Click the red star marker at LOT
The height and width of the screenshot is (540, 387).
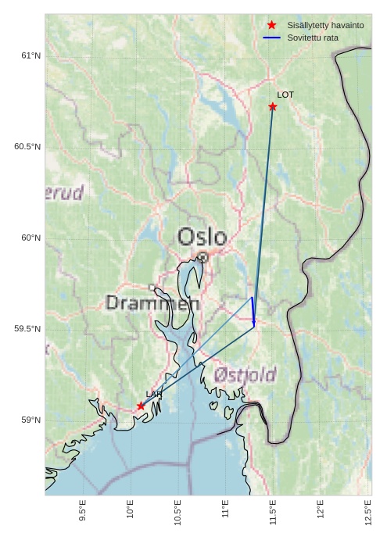coord(273,106)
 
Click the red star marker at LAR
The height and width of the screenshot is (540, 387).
coord(141,406)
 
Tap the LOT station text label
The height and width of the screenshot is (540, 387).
coord(285,95)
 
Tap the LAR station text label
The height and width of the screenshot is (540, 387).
coord(153,394)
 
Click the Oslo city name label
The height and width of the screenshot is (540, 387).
coord(202,237)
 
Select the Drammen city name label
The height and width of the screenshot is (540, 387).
coord(152,303)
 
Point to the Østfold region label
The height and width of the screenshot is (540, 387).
coord(245,375)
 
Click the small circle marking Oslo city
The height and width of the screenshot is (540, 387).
coord(202,256)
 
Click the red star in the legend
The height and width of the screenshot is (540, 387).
coord(272,26)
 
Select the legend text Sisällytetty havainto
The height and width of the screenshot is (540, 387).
coord(325,26)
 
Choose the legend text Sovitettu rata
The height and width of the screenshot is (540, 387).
coord(313,38)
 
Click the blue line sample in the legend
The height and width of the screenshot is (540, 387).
coord(272,38)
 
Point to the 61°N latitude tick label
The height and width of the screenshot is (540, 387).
coord(30,55)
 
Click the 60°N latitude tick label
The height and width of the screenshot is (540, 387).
coord(30,238)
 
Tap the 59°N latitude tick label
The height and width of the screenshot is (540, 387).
coord(30,420)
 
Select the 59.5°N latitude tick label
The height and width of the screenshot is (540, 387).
coord(27,329)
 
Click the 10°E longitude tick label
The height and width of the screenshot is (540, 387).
coord(131,511)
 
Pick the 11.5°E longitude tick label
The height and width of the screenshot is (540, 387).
coord(273,511)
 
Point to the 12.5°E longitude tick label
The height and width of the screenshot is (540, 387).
coord(367,511)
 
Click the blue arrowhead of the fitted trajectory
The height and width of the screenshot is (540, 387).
coord(254,321)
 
